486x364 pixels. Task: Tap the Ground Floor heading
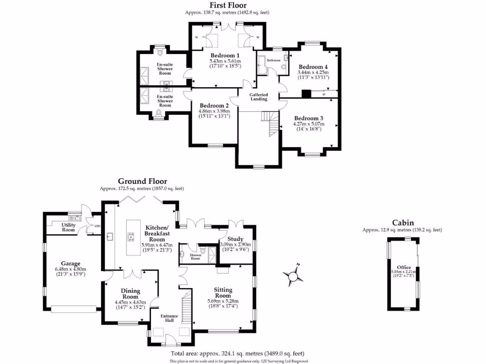[142, 181]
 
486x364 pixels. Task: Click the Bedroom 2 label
[214, 105]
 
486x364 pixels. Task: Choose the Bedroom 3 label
[308, 118]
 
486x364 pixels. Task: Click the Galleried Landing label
[259, 96]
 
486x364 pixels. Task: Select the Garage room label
[70, 264]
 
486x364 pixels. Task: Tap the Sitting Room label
[223, 292]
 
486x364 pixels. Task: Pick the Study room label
[235, 239]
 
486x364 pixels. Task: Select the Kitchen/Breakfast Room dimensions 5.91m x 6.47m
[157, 245]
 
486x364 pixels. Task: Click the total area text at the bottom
[237, 354]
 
